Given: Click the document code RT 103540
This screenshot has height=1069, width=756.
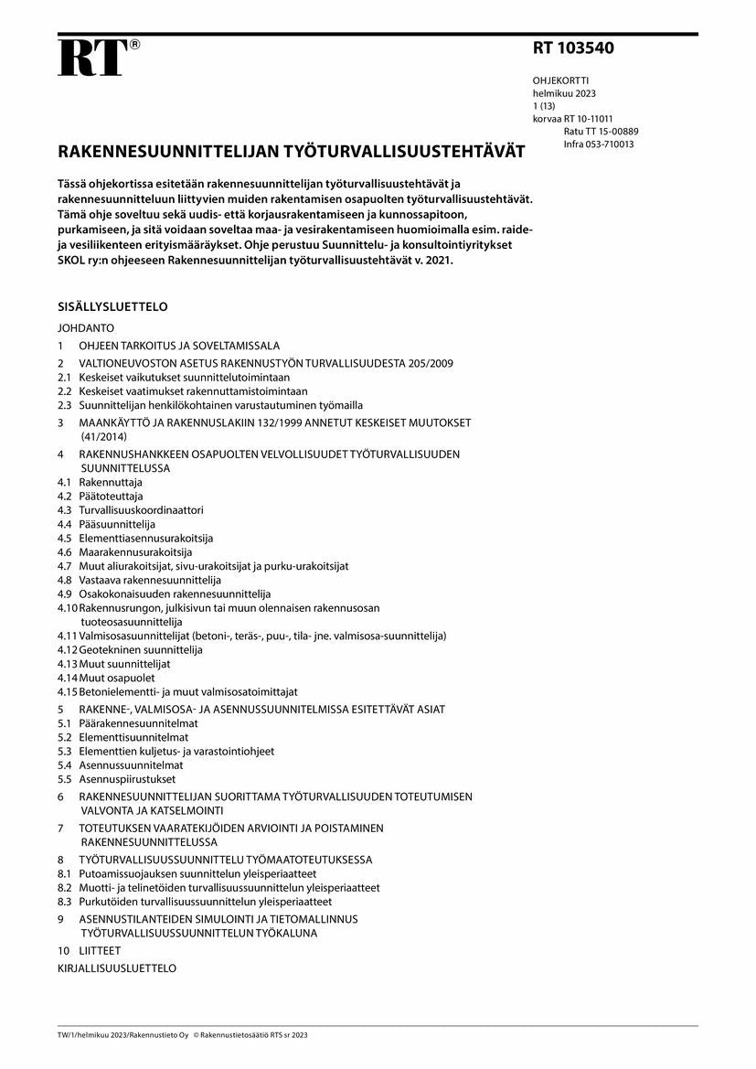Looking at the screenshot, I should tap(573, 48).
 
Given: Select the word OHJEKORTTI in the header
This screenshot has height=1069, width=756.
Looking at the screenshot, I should tap(560, 80).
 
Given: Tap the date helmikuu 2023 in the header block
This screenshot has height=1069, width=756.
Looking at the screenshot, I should tap(564, 93).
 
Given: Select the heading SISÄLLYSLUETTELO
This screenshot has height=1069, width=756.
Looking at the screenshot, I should tap(112, 307).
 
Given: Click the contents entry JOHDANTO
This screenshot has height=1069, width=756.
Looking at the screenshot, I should tap(85, 327).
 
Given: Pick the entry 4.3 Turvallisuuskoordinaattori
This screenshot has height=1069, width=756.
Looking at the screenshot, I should tap(141, 510).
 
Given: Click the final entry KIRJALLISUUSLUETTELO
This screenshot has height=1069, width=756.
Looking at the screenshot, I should tap(117, 968).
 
